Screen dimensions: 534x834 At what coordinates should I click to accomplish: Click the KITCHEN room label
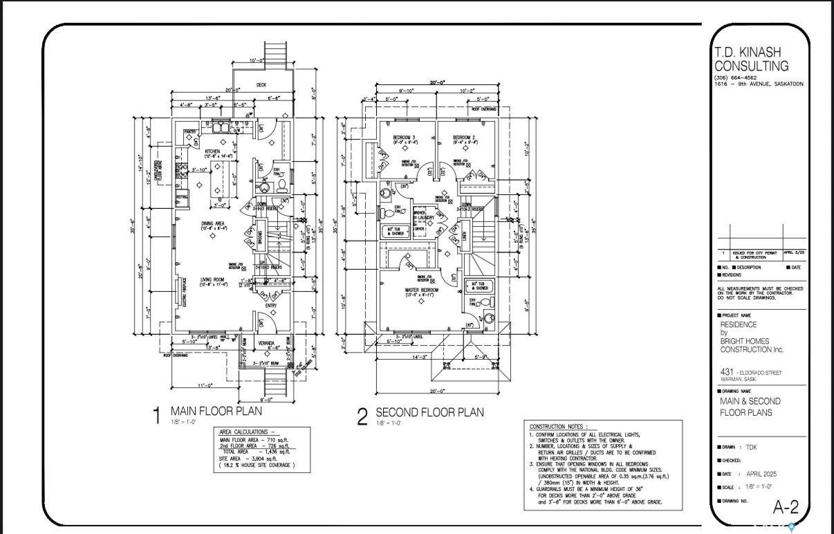point(212,151)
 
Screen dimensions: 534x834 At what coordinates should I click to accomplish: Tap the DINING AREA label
point(212,223)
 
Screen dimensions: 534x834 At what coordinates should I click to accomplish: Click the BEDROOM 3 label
point(404,138)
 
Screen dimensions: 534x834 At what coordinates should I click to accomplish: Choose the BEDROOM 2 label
point(463,138)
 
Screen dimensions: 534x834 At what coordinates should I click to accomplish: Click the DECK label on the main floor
point(261,85)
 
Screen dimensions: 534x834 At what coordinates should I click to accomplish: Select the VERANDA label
point(267,343)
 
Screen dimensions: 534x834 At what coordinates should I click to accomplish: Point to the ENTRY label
point(270,306)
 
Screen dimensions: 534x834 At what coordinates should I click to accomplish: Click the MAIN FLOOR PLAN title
point(216,411)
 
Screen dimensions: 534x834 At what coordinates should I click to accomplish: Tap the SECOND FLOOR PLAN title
point(429,412)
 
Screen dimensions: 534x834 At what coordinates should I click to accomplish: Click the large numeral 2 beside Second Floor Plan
point(362,417)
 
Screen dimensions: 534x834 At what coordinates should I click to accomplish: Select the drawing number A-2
point(785,507)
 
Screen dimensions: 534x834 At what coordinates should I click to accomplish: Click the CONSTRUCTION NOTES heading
point(559,427)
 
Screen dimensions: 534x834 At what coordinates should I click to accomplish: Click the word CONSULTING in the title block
point(751,66)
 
